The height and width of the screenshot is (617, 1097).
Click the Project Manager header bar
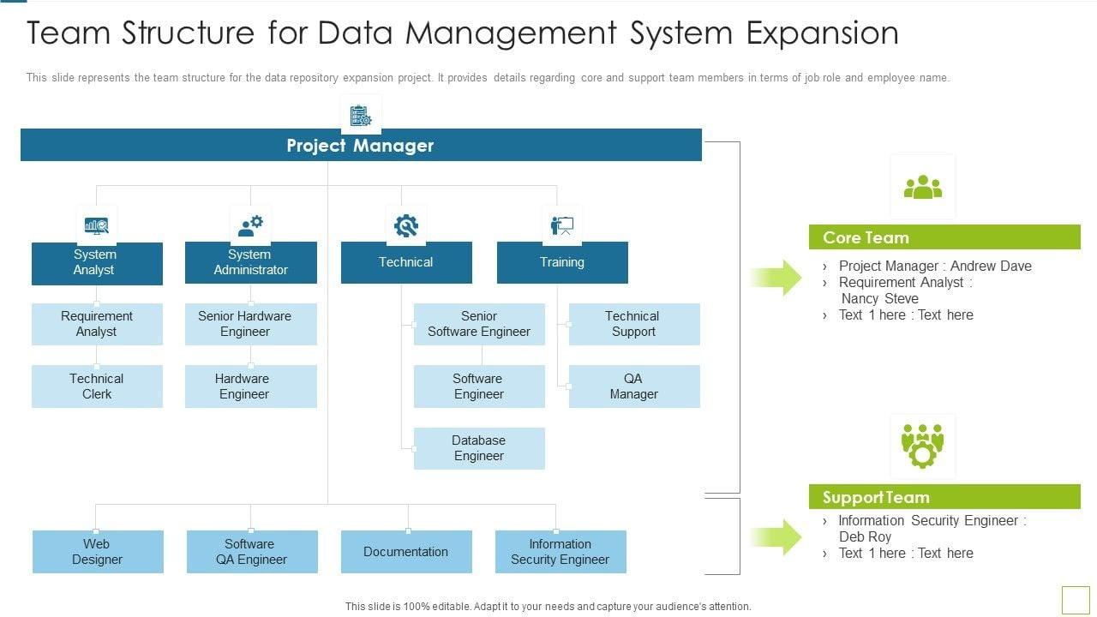[361, 146]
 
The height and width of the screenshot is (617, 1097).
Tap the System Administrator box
[251, 263]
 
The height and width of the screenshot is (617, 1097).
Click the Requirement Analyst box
[97, 324]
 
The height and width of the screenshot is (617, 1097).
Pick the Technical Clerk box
[97, 386]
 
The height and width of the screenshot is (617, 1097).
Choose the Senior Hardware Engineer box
[251, 324]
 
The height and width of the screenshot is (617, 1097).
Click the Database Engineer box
[479, 448]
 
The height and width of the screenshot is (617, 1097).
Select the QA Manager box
[634, 386]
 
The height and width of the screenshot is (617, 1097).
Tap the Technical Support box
[634, 324]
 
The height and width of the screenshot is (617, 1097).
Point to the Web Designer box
[98, 552]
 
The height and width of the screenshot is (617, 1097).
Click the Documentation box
[406, 552]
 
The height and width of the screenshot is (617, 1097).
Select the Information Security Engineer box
[560, 552]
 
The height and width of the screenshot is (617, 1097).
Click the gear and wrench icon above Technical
[406, 225]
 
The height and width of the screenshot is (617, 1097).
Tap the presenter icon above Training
[562, 225]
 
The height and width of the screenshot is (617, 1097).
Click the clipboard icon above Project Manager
[361, 115]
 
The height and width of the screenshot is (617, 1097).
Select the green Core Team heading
[944, 237]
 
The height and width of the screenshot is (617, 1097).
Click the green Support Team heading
[944, 497]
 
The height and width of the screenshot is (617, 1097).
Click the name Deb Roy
[866, 536]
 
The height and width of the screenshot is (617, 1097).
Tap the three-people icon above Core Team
[922, 187]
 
